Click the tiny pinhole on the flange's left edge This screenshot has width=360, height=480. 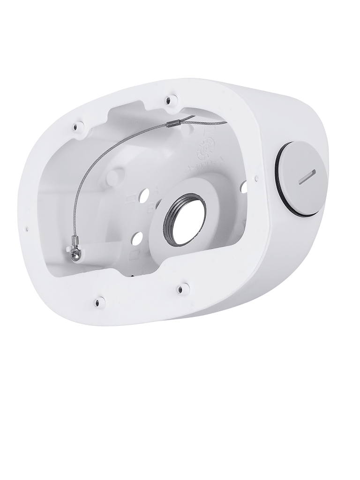tap(27, 229)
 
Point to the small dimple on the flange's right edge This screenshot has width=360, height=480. tap(257, 178)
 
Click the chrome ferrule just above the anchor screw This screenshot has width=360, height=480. tap(74, 241)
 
